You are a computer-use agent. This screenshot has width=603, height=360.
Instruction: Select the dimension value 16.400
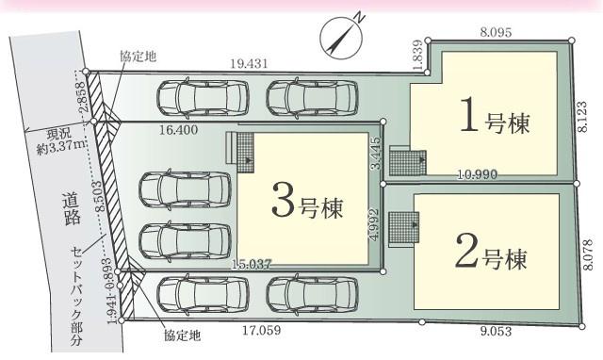click(178, 132)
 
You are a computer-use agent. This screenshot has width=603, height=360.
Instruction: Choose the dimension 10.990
click(479, 175)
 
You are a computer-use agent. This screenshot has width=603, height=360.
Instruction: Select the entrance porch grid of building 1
click(406, 161)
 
